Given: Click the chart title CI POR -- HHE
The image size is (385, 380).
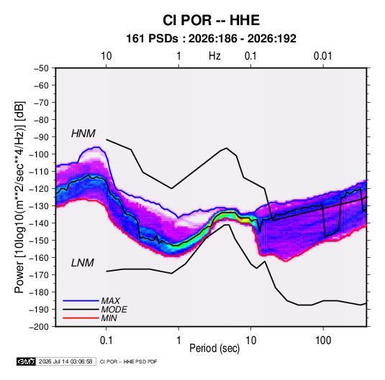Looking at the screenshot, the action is tap(211, 20).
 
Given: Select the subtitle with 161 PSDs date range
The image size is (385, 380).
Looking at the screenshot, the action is tap(211, 39).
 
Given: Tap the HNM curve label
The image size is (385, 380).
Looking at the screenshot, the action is tap(83, 134).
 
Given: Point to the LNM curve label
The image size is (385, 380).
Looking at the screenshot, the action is tap(83, 263).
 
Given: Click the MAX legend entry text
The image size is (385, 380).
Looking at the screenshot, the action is tap(111, 301).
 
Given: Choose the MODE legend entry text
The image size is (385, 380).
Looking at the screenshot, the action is tap(114, 310).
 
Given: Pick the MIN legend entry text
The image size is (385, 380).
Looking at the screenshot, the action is tap(109, 318).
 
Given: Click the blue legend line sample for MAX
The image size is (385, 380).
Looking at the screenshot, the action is tap(81, 301).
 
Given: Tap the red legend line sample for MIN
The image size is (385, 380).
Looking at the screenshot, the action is tap(81, 318).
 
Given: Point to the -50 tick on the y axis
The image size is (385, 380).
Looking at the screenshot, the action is tap(41, 68).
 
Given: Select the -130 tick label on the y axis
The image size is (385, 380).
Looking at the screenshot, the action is tap(39, 206).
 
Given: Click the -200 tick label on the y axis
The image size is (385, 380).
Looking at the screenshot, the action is tap(39, 327).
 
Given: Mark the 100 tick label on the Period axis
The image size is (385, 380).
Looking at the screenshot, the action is tap(323, 340).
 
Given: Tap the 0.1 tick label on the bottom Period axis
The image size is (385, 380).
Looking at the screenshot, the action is tap(106, 340).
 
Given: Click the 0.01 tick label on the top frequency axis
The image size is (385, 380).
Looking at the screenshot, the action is tap(323, 56).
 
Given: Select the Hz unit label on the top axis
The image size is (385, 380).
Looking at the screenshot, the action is tap(214, 56).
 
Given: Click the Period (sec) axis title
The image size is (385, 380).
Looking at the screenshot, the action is tap(214, 348).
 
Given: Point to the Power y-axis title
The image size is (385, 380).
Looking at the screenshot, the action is tap(19, 197).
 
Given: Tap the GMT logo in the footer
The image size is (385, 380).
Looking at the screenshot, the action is tap(27, 361).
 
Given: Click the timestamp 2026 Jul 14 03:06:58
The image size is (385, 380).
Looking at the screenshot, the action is tap(65, 361).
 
